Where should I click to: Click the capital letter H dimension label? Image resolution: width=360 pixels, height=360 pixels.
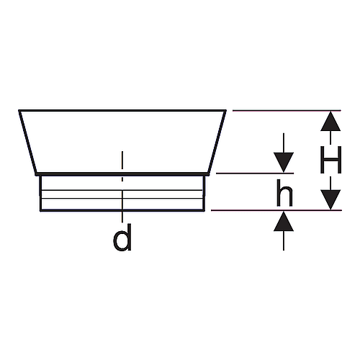pos(330,160)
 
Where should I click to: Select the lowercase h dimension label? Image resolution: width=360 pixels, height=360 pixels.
pos(284,193)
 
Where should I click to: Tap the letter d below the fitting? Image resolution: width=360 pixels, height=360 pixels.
pos(122,238)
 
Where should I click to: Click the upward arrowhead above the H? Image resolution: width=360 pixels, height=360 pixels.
pos(330,121)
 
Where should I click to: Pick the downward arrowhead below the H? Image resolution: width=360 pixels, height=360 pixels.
pos(330,199)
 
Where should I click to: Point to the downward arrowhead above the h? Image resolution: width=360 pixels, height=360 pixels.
pos(284,162)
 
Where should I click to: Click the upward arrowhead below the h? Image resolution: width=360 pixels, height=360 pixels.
pos(284,221)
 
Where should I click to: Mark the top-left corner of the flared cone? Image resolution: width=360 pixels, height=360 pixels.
pos(19,111)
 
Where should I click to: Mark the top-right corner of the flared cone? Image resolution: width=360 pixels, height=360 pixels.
pos(225,111)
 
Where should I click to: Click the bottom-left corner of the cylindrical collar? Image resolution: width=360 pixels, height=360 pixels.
pos(40,210)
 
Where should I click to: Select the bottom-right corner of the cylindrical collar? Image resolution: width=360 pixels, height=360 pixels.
pos(204,210)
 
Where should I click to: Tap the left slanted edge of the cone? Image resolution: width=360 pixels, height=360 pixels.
pos(28,142)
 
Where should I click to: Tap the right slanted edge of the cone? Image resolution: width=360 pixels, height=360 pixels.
pos(217,142)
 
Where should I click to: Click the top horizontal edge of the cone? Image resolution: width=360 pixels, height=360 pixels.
pos(122,111)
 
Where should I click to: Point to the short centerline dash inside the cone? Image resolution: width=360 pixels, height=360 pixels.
pos(122,166)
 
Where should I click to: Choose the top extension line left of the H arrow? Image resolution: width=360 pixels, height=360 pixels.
pos(287,111)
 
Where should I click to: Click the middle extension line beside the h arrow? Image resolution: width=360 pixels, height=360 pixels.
pos(255,173)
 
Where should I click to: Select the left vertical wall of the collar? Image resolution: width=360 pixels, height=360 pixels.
pos(40,193)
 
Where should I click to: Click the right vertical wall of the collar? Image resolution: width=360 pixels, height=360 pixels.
pos(204,193)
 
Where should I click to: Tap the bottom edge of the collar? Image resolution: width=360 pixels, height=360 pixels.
pos(122,210)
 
